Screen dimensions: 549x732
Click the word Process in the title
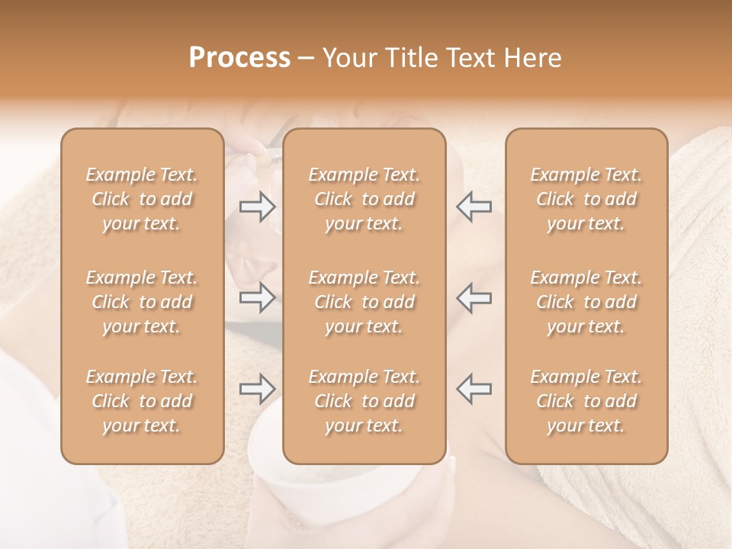click(239, 58)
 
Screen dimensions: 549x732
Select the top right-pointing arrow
click(258, 206)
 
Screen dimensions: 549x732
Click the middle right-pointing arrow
click(258, 297)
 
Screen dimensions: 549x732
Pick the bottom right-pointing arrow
click(258, 389)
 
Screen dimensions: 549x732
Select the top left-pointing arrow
click(474, 206)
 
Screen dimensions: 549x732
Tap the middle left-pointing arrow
click(474, 297)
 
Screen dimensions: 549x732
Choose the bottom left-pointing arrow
click(474, 389)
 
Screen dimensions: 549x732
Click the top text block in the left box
click(142, 199)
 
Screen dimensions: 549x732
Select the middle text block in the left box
click(142, 302)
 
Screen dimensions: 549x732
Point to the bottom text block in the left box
click(142, 401)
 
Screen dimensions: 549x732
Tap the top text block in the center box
click(364, 199)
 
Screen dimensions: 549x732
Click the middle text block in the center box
click(364, 302)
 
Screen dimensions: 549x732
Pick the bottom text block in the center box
click(364, 401)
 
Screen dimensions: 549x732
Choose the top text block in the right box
click(586, 199)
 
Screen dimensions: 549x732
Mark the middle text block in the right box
click(586, 302)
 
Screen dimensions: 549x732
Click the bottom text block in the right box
click(586, 401)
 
